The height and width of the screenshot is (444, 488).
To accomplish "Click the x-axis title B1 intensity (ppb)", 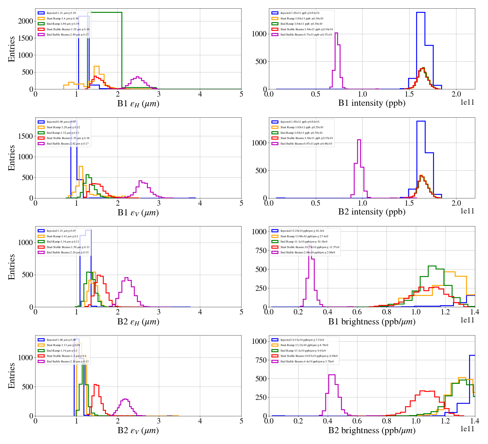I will (372, 103).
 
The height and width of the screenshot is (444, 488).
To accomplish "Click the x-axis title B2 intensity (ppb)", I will (372, 212).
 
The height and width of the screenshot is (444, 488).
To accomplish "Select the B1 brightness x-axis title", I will (372, 322).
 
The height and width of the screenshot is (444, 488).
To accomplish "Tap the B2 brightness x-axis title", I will (372, 430).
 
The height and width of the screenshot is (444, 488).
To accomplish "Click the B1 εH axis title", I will (138, 104).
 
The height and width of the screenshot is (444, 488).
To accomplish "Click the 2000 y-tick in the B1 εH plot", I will (26, 21).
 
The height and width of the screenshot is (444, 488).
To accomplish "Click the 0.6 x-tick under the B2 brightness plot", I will (357, 421).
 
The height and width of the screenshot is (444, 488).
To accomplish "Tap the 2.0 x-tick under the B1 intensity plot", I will (456, 94).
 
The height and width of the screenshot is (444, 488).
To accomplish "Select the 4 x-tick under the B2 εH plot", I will (200, 312).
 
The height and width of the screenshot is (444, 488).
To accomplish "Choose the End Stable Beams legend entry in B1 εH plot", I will (67, 35).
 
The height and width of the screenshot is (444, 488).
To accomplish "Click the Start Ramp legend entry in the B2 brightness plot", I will (304, 345).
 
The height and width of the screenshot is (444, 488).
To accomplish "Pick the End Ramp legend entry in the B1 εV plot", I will (63, 133).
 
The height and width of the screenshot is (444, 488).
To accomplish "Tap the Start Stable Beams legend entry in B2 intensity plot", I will (306, 138).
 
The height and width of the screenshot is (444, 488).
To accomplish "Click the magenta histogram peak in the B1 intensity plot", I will (336, 33).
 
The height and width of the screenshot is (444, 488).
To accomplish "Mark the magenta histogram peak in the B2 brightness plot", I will (332, 375).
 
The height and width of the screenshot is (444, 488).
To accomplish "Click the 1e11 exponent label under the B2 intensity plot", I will (467, 211).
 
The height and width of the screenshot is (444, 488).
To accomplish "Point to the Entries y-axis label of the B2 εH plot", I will (12, 267).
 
